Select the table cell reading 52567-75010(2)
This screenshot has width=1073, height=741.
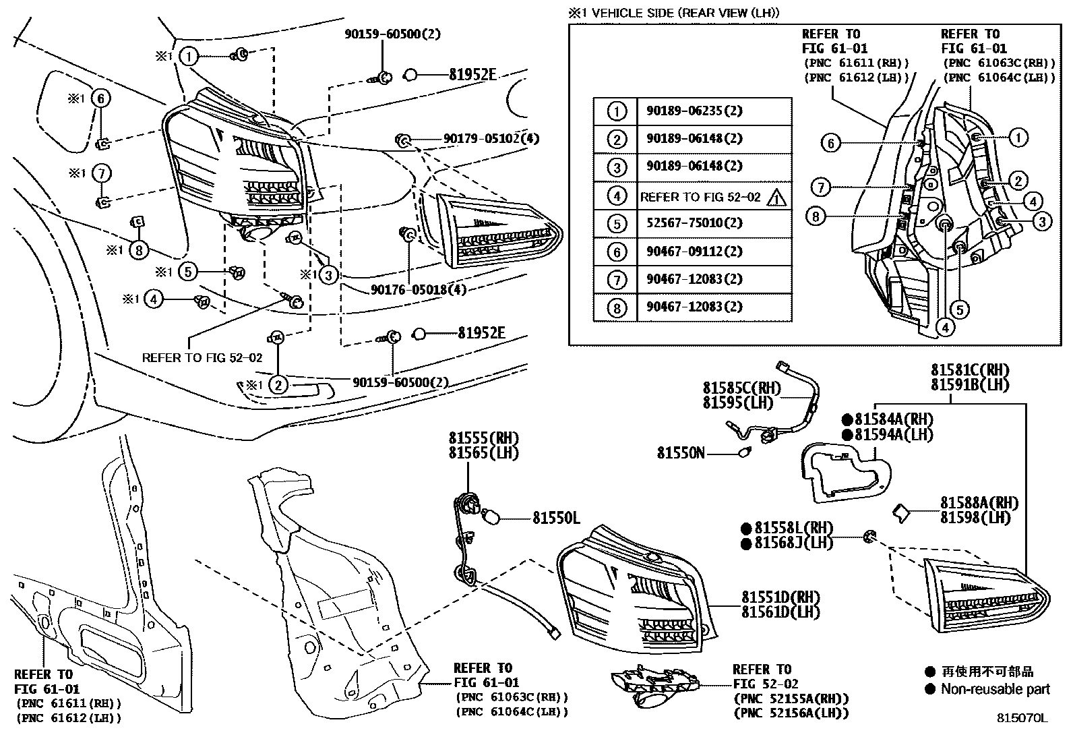click(x=694, y=223)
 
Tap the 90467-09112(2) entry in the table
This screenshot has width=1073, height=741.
click(x=694, y=251)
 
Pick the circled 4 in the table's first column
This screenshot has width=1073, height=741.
click(x=617, y=196)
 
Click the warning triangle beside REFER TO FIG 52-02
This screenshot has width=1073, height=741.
click(x=776, y=198)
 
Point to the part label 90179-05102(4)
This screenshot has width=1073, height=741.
click(x=491, y=138)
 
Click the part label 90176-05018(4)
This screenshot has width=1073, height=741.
click(x=418, y=289)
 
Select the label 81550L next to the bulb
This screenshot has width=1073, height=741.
click(x=556, y=518)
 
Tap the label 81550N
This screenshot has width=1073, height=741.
click(x=681, y=453)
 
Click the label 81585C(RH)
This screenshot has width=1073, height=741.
click(x=741, y=388)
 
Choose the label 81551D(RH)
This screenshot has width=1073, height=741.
click(x=780, y=597)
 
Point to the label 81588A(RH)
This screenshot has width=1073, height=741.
click(x=979, y=503)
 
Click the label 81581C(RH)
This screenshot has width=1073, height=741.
click(x=970, y=370)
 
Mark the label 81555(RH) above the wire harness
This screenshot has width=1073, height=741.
click(x=484, y=438)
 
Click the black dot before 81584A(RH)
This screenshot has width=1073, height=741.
click(x=847, y=420)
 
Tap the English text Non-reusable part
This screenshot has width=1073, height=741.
click(x=995, y=689)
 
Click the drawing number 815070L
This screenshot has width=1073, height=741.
click(x=1022, y=718)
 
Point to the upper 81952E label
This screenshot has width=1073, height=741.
click(x=472, y=75)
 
